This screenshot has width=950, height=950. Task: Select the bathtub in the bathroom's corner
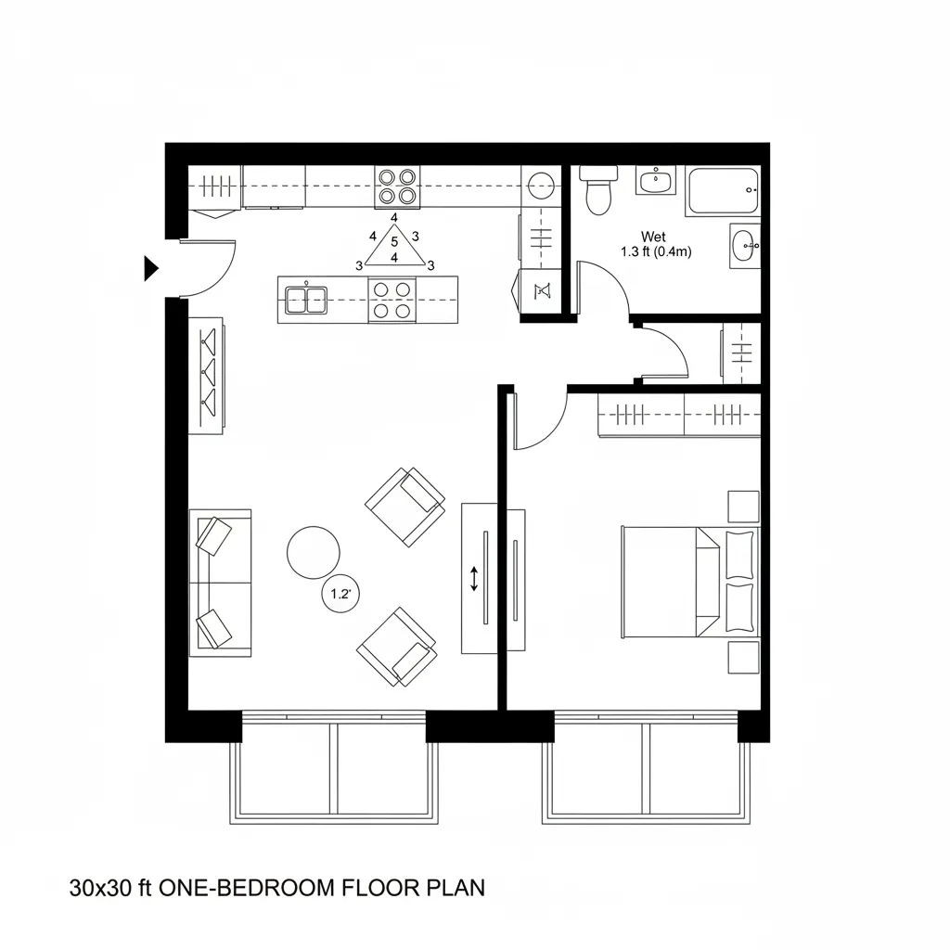tap(723, 190)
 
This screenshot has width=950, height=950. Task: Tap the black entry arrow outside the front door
tap(150, 268)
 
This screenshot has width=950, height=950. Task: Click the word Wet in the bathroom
tap(654, 237)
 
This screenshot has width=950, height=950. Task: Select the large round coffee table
tap(314, 553)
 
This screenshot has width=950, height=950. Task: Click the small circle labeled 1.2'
tap(340, 595)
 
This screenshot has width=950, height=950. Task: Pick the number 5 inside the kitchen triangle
tap(394, 243)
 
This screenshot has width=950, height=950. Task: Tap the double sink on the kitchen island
tap(305, 299)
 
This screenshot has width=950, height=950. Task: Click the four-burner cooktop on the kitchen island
tap(391, 300)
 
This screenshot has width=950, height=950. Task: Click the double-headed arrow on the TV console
tap(474, 579)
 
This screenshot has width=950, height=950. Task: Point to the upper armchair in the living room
tap(404, 507)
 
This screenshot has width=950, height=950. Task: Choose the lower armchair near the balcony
tap(397, 648)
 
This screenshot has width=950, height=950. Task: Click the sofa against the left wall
tap(220, 583)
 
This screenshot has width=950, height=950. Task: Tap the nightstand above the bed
tap(743, 507)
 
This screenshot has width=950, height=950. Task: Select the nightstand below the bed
tap(743, 657)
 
